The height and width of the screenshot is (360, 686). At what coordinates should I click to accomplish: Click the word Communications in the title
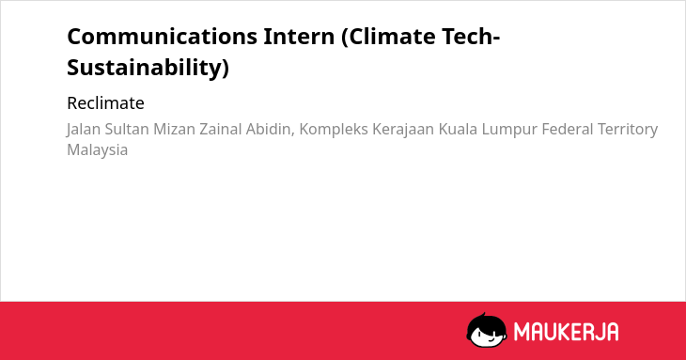(x=163, y=37)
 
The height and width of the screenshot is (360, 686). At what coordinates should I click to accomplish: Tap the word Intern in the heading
(x=299, y=37)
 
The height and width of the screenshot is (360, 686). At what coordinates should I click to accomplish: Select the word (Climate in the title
(x=388, y=37)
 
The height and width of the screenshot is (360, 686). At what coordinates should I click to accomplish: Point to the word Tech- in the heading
(x=471, y=37)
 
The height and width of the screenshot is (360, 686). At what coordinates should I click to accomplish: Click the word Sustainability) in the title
(x=148, y=68)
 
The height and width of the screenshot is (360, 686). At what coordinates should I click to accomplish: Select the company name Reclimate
(x=106, y=103)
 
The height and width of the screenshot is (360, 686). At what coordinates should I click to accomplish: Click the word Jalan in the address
(x=84, y=130)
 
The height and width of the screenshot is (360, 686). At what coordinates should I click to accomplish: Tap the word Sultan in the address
(x=127, y=129)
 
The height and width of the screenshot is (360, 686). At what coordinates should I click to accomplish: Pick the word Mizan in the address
(x=174, y=129)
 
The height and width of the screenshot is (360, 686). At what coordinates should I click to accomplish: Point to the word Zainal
(x=221, y=129)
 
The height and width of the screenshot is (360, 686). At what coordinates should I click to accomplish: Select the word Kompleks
(x=334, y=130)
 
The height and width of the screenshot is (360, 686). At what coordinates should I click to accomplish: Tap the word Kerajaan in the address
(x=403, y=130)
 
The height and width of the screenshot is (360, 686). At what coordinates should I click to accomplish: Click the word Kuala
(x=458, y=129)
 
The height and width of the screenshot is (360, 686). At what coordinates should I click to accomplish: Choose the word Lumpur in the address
(x=509, y=130)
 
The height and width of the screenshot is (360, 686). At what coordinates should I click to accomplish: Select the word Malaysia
(x=98, y=150)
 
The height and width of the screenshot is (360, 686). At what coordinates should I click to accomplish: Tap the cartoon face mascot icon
(x=487, y=330)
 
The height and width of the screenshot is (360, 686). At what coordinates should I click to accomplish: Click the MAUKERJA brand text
(x=566, y=332)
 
